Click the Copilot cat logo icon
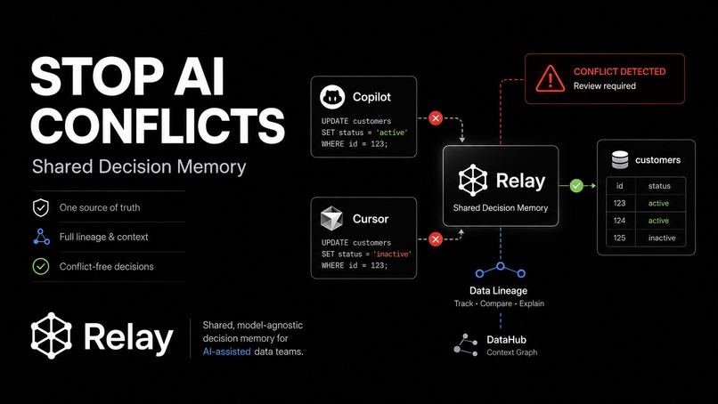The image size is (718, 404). [x=332, y=96]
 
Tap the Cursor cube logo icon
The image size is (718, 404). [x=331, y=218]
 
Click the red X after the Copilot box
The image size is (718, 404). [x=436, y=118]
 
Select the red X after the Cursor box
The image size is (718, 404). [x=436, y=238]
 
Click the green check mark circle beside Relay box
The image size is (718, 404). [x=576, y=185]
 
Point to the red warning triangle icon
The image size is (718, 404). [x=550, y=78]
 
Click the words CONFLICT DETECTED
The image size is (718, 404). [x=619, y=71]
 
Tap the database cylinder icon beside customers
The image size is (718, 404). [x=620, y=159]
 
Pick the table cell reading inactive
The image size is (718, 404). [x=662, y=238]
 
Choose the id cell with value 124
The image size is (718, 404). [x=619, y=221]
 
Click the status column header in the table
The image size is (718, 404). [x=659, y=186]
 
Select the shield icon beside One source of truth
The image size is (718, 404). [x=41, y=207]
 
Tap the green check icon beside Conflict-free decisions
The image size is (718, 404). [x=41, y=266]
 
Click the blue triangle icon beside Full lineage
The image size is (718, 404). [x=41, y=237]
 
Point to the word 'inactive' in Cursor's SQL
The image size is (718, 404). [x=393, y=254]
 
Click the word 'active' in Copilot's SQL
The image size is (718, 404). [x=392, y=133]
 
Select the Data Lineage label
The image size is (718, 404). [x=498, y=290]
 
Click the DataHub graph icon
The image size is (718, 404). [x=466, y=344]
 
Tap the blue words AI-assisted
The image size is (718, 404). [x=226, y=351]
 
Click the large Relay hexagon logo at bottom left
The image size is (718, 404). [x=52, y=335]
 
